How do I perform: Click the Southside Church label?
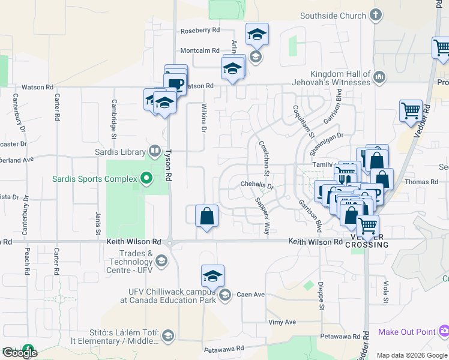(x=333, y=16)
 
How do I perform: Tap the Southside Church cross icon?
(x=376, y=15)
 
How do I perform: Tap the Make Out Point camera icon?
(x=444, y=331)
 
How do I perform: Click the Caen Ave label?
(x=250, y=295)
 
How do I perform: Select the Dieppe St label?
(x=321, y=295)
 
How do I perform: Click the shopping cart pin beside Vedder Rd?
(x=411, y=110)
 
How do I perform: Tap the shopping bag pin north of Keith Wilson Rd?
(x=206, y=216)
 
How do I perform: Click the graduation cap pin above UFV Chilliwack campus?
(x=212, y=276)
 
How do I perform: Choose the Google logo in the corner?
(x=20, y=352)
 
